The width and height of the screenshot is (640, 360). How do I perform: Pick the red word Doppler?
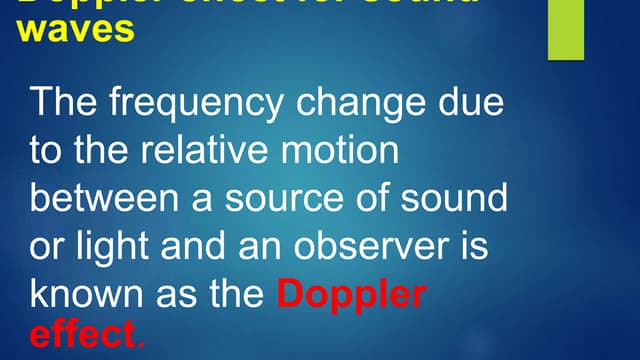click(351, 295)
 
